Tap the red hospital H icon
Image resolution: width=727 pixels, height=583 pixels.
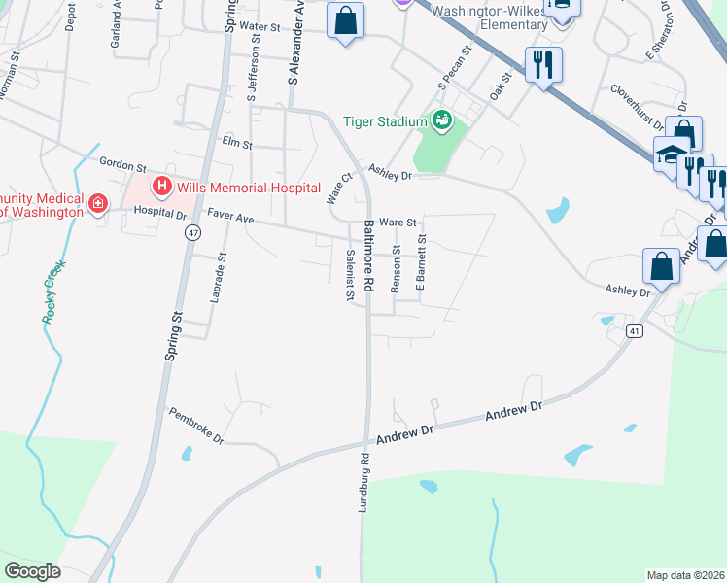coord(161,187)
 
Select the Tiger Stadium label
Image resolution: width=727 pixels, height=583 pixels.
coord(385,121)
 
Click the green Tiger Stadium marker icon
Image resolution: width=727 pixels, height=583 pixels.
coord(442,120)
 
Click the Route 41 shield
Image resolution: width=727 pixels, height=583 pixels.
coord(634,330)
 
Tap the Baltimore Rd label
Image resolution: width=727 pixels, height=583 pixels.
coord(369,257)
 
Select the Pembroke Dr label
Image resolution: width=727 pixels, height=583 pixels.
coord(196,426)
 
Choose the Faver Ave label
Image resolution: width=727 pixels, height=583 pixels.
coord(229,220)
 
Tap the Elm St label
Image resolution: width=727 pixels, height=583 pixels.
coord(237,144)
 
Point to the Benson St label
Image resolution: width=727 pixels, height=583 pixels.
coord(396,268)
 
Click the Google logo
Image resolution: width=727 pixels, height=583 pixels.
coord(32,571)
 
